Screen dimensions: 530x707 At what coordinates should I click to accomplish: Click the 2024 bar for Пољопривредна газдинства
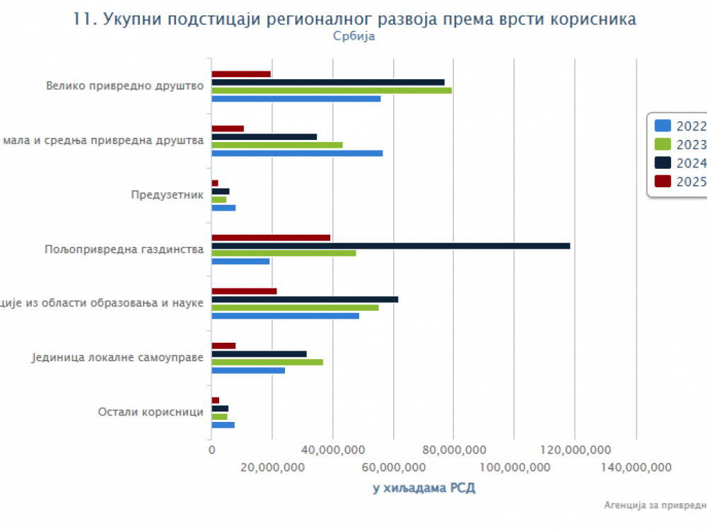390,246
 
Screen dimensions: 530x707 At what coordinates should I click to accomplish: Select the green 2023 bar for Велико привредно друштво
331,90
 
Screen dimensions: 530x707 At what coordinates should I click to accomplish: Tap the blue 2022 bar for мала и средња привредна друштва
297,153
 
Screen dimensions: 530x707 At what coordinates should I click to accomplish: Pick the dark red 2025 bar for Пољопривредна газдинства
271,237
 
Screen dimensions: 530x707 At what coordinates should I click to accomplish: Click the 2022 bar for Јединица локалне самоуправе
248,370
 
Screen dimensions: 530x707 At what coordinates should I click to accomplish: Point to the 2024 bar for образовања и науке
305,300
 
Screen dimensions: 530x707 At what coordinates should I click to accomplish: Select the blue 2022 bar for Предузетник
223,208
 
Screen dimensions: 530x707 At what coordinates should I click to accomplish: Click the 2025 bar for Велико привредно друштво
241,74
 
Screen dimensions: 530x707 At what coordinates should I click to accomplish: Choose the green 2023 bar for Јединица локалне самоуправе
267,362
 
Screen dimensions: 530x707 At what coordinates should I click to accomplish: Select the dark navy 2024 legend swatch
662,163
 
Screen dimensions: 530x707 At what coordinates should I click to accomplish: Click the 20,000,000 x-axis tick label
272,467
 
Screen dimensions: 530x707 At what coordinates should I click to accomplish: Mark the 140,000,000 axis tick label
636,467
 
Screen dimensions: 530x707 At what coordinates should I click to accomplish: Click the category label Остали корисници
151,412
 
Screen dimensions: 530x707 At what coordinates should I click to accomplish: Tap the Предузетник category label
168,195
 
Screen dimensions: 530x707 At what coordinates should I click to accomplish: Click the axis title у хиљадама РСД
424,488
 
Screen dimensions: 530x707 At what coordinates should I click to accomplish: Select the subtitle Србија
353,37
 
